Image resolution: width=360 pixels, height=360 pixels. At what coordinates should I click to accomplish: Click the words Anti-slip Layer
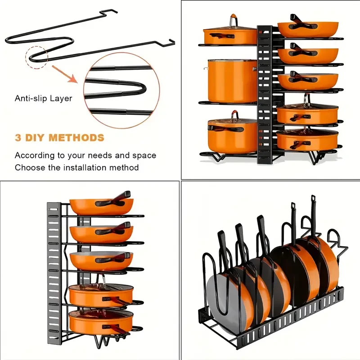click(x=43, y=98)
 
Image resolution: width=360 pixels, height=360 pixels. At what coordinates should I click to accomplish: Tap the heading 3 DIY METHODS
click(x=59, y=138)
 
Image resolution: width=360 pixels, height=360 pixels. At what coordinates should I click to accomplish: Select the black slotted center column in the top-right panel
click(x=265, y=90)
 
